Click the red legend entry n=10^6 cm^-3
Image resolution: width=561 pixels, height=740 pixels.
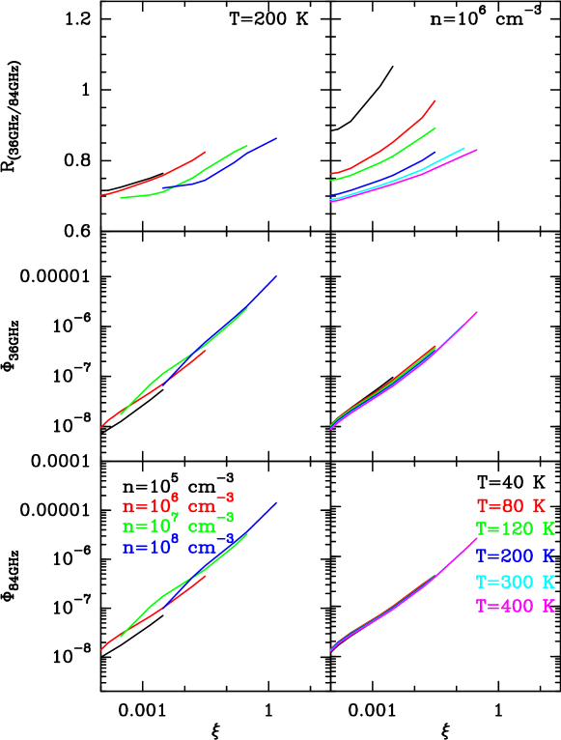[x=178, y=505]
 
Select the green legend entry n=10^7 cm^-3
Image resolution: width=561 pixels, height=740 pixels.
[x=178, y=527]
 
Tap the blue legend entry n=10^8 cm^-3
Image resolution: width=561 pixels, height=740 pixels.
[x=178, y=547]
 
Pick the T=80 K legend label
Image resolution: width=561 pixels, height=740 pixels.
[x=511, y=505]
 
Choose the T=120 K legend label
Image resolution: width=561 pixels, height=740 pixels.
[x=515, y=529]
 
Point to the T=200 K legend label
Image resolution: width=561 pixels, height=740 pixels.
[x=515, y=555]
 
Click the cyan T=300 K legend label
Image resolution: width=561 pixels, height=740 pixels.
[x=515, y=582]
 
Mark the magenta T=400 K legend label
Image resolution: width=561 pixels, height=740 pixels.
[x=515, y=607]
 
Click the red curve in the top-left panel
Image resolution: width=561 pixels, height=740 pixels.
[x=154, y=180]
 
